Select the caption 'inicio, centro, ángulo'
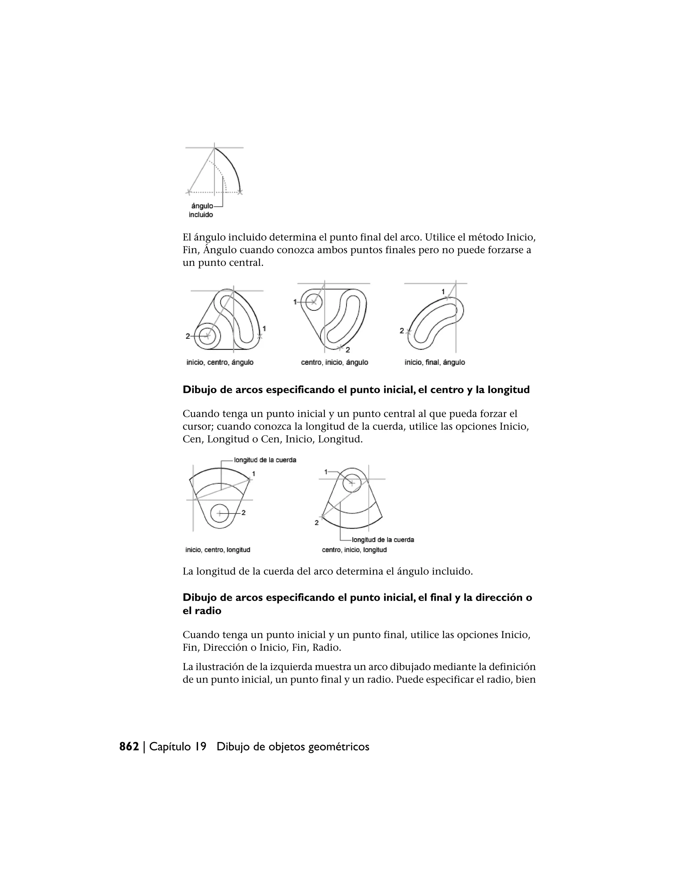point(220,362)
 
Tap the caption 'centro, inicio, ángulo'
point(334,362)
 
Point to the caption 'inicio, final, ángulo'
point(435,362)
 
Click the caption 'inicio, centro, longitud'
point(218,550)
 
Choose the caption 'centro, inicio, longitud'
point(354,550)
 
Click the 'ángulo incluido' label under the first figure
point(201,210)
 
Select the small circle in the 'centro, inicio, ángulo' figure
point(314,302)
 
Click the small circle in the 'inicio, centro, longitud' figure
point(219,513)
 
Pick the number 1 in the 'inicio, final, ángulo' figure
point(443,292)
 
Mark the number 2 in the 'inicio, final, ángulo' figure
point(401,331)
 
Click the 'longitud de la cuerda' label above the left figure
point(265,460)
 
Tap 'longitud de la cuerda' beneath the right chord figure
point(383,540)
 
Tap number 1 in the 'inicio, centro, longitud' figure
point(253,474)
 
